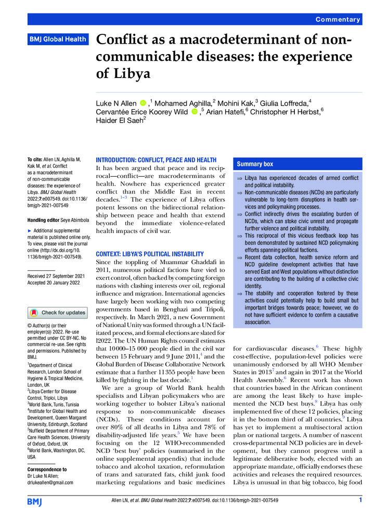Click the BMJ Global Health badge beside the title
click(57, 39)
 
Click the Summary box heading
click(255, 164)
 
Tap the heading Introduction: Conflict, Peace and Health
click(157, 160)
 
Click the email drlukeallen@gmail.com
click(50, 482)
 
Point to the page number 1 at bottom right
click(360, 500)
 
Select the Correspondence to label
click(50, 469)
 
